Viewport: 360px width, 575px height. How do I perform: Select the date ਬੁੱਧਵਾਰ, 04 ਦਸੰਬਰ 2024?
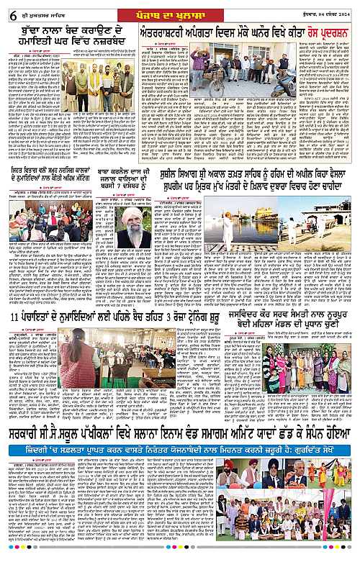tap(327, 9)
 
